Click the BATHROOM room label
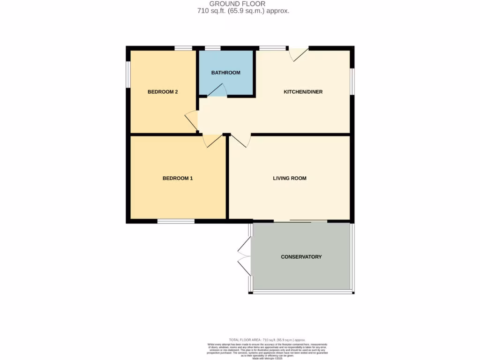(x=225, y=73)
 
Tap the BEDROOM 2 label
(x=163, y=92)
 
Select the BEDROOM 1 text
(x=178, y=178)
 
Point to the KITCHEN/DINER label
(x=303, y=92)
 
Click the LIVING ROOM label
(x=290, y=178)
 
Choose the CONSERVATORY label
(x=301, y=257)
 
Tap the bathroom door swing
(x=217, y=91)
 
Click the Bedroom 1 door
(x=211, y=140)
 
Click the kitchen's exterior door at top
(x=299, y=53)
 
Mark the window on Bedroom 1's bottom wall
(x=176, y=221)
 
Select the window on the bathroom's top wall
(x=212, y=48)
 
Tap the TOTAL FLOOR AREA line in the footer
(x=267, y=339)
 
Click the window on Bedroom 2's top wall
(x=183, y=48)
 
